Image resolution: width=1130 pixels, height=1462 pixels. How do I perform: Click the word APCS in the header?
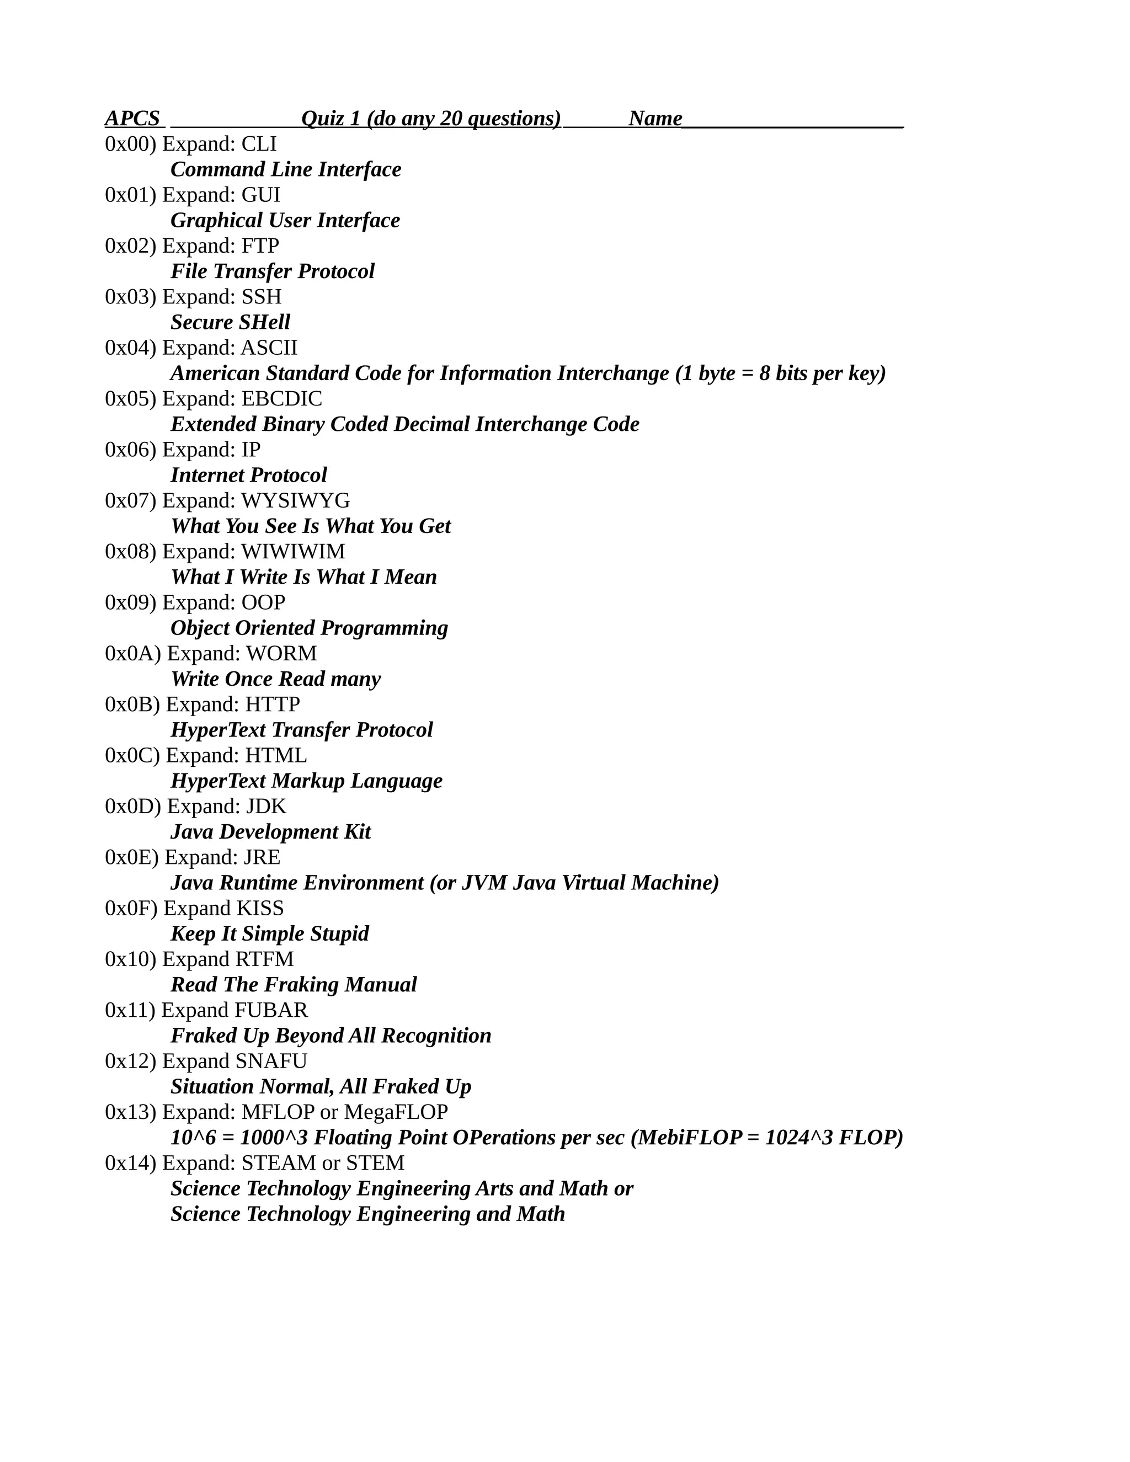tap(132, 119)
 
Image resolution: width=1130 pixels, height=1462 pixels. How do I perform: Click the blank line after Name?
tap(793, 122)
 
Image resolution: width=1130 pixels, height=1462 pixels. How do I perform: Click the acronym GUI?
tap(260, 195)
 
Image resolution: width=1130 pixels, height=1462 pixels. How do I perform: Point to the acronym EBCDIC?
tap(281, 399)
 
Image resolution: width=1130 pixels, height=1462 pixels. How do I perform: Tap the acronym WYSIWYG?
tap(295, 501)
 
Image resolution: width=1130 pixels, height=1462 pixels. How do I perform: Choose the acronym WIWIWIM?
tap(292, 552)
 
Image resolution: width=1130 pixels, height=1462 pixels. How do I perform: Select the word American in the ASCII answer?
tap(215, 373)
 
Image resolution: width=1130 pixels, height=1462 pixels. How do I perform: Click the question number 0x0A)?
tap(132, 653)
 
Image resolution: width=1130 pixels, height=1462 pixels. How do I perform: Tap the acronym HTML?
tap(276, 755)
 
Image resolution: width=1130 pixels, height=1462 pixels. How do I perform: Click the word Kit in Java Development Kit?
tap(357, 832)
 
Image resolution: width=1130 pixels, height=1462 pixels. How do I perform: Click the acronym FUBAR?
tap(271, 1010)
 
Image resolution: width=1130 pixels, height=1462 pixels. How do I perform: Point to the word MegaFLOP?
tap(396, 1112)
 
